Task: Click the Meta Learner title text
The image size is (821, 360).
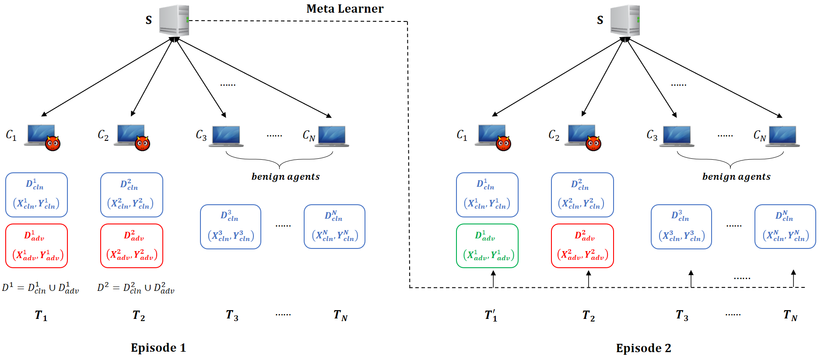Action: [345, 9]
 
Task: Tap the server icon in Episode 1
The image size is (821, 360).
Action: [174, 21]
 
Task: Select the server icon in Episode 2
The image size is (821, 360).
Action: [625, 21]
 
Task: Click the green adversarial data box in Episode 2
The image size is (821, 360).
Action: [487, 246]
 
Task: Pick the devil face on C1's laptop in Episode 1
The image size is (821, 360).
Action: [53, 143]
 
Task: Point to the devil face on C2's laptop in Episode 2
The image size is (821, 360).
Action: [593, 143]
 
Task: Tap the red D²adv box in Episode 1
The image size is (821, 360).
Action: [132, 246]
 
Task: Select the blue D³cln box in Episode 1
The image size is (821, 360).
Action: [231, 227]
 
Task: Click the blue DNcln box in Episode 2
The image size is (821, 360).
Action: [785, 227]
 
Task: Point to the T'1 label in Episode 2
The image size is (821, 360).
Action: [491, 315]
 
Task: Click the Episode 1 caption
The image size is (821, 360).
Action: [158, 348]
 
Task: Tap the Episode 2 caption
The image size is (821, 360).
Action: [643, 348]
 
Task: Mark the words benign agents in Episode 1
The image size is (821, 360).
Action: [285, 176]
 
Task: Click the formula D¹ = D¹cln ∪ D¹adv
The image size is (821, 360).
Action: [41, 288]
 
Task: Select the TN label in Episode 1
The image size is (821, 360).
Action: [340, 315]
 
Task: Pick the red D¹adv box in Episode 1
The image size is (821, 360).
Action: [37, 246]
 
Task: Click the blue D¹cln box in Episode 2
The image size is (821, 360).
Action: [487, 195]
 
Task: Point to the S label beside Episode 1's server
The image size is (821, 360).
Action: [149, 20]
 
